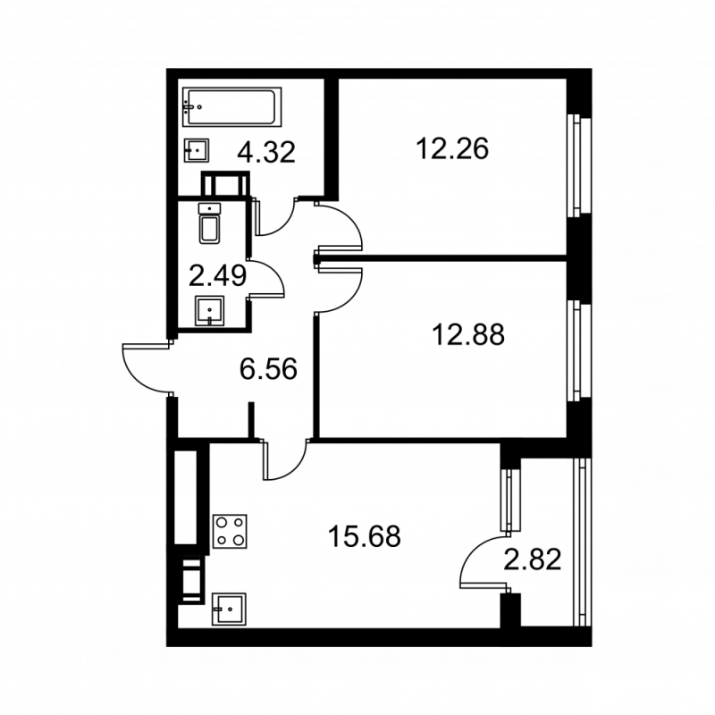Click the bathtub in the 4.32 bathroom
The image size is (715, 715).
[x=231, y=107]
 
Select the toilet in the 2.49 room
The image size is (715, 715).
[x=209, y=224]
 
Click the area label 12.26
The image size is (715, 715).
[x=452, y=148]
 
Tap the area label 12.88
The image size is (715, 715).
[x=467, y=335]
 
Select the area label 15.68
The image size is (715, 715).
[x=364, y=537]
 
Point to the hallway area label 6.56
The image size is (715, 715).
[x=268, y=367]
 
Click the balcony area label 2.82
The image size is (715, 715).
[x=533, y=560]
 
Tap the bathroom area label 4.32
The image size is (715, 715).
[x=266, y=153]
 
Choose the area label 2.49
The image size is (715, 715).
[x=217, y=274]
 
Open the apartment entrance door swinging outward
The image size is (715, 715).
[x=146, y=366]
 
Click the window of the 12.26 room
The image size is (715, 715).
[x=580, y=164]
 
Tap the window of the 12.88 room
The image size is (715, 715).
[x=580, y=351]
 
